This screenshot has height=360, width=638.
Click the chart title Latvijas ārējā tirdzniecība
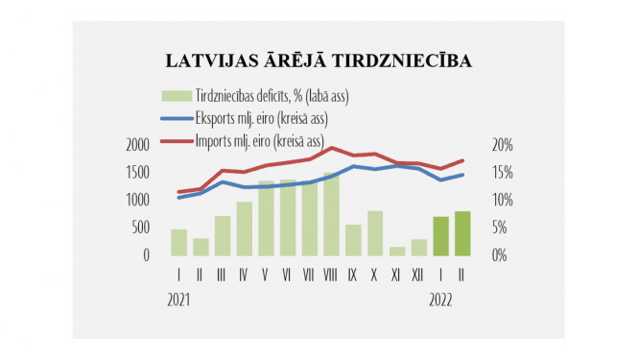pyautogui.click(x=319, y=61)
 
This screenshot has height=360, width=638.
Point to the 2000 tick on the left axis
pyautogui.click(x=138, y=145)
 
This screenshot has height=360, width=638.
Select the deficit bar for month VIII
pyautogui.click(x=332, y=214)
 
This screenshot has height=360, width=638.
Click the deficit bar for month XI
pyautogui.click(x=397, y=251)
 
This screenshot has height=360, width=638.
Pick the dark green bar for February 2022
pyautogui.click(x=462, y=233)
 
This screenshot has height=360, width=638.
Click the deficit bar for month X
pyautogui.click(x=375, y=232)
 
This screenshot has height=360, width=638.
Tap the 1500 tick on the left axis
pyautogui.click(x=138, y=172)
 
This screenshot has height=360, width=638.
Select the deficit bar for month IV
pyautogui.click(x=244, y=228)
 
